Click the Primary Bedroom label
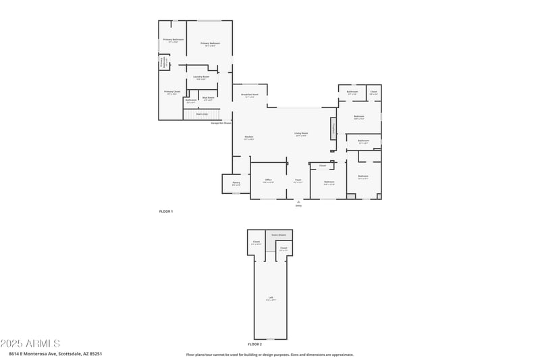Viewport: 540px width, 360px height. (x=211, y=43)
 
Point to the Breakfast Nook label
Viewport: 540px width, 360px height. (x=250, y=95)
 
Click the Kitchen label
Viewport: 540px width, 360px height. (x=249, y=137)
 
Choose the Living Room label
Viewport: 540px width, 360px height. (x=301, y=134)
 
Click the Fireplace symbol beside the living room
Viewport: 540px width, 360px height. (x=333, y=128)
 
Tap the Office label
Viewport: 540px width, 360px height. (x=268, y=180)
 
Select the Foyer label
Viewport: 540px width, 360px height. (x=298, y=180)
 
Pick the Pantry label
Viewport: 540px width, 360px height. (x=236, y=183)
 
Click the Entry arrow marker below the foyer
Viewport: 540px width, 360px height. (x=298, y=203)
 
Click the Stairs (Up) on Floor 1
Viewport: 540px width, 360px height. (x=202, y=114)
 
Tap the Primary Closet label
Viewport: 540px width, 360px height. (x=172, y=92)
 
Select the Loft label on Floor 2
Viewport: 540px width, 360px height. (x=271, y=298)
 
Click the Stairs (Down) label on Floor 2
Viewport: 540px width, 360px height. (x=279, y=235)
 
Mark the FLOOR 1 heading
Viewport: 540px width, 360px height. (x=166, y=212)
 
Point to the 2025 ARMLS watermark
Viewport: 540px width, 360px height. (x=30, y=344)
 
